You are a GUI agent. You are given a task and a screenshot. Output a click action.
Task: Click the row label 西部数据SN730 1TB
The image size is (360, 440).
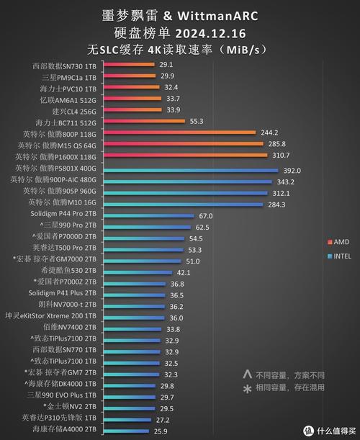[64, 66]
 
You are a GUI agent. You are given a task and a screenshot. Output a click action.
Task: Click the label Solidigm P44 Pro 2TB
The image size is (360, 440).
[63, 216]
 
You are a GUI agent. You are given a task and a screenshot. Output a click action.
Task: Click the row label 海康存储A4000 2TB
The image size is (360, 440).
[63, 430]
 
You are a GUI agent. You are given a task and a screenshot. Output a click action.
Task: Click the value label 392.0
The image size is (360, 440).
[292, 171]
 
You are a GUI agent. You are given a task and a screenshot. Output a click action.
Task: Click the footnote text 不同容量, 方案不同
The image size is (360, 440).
[289, 375]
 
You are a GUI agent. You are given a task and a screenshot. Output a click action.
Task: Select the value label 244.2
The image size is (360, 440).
[269, 133]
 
